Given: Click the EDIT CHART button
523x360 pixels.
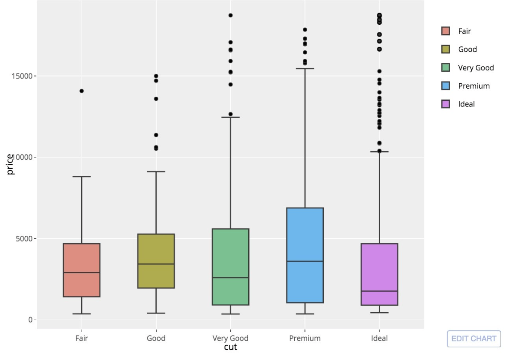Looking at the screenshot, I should point(474,339).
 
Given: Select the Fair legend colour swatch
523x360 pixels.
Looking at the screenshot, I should point(445,31).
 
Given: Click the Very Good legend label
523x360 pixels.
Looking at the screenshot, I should point(476,68).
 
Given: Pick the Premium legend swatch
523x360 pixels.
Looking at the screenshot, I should point(445,86).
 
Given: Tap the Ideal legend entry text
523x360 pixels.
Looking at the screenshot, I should point(466,104).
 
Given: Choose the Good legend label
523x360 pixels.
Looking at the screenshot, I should point(467,50).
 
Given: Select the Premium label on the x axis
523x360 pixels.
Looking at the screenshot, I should point(305,338).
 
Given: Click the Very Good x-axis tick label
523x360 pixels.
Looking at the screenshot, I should point(230,338).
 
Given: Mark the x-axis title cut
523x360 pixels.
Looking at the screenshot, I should point(230,347).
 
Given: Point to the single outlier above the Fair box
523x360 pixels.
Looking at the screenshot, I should point(82,91).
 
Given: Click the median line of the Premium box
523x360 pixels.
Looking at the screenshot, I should point(305,261).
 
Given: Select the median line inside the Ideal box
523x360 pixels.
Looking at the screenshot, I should point(379,291).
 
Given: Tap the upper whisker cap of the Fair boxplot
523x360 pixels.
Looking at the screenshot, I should point(82,177).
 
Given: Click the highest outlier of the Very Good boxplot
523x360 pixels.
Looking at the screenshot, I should point(230,15).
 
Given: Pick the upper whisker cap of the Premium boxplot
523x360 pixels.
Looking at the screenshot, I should point(305,69).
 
